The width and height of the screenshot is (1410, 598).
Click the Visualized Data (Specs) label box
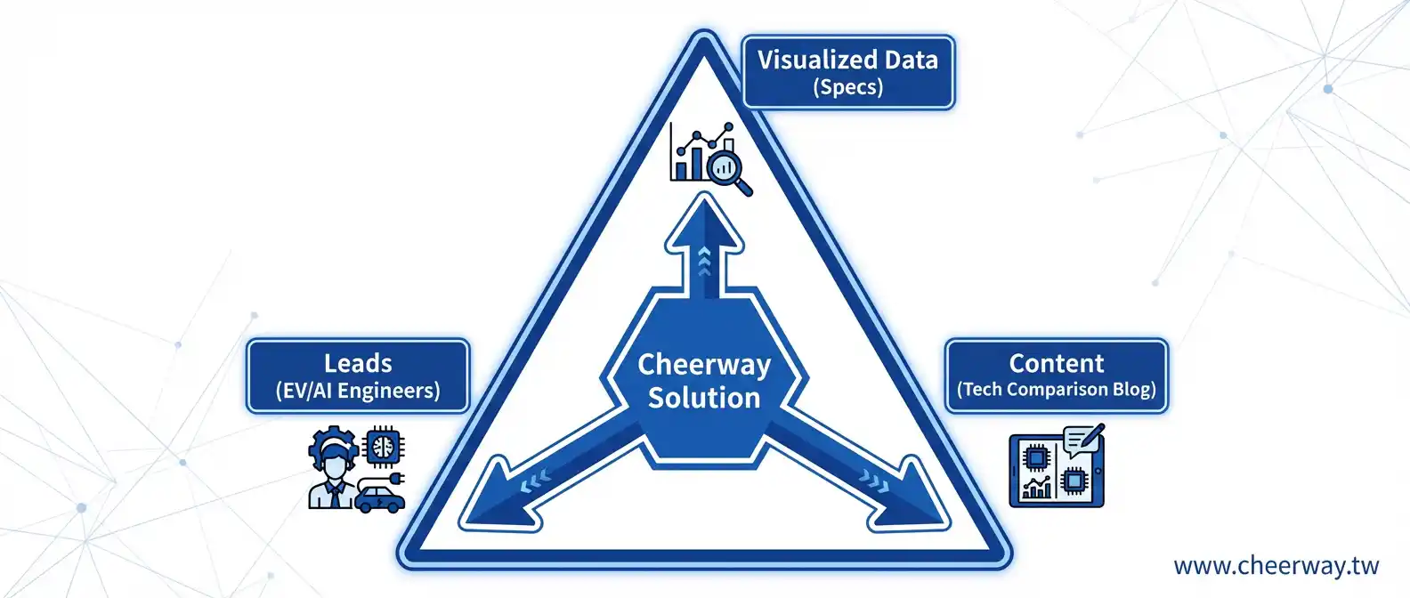(847, 72)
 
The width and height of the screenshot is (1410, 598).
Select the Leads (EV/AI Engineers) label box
(358, 376)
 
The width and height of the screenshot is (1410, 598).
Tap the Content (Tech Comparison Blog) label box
(1056, 376)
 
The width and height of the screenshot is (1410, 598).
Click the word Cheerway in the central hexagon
(704, 364)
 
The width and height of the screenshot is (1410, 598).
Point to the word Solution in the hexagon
(704, 398)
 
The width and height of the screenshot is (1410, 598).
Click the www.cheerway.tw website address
(1276, 566)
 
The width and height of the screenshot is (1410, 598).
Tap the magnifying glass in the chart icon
(729, 169)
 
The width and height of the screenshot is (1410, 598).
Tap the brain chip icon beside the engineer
(385, 444)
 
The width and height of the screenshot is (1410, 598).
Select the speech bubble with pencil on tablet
(1082, 440)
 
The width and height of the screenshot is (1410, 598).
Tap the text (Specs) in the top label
(847, 87)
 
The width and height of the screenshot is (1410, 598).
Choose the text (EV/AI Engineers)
(358, 391)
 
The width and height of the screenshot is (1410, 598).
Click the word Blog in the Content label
(1133, 390)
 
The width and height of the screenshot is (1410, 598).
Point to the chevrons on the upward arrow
(704, 261)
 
